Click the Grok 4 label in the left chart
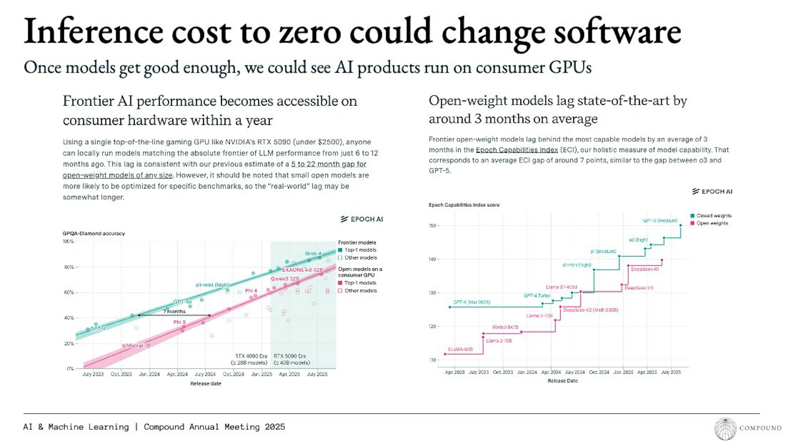coord(313,254)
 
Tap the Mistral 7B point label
coord(138,346)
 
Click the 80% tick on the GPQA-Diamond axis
coord(69,267)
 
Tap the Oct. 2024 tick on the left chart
coord(233,374)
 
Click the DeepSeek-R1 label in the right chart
coord(645,269)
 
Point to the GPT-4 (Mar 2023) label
coord(471,302)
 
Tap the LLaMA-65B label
coord(460,349)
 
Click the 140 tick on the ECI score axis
coord(432,259)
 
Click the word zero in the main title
coord(310,32)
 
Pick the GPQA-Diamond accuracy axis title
coord(94,233)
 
